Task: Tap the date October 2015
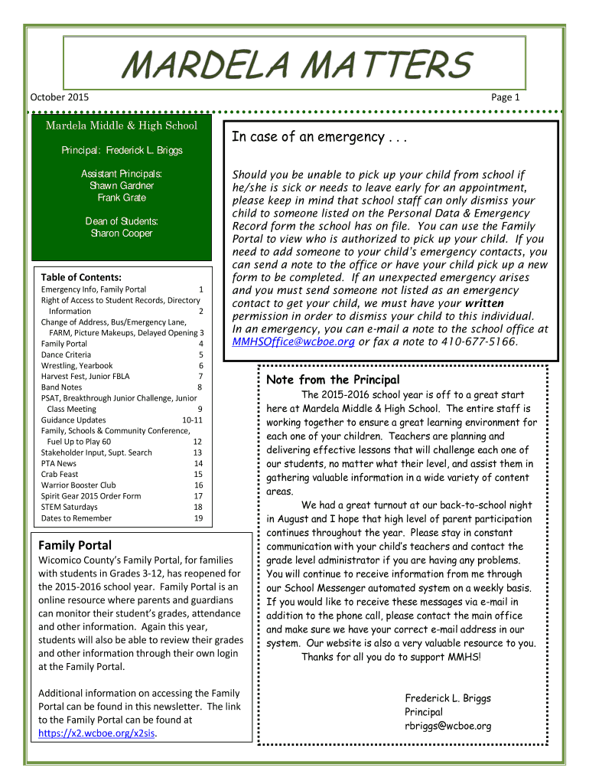pos(59,97)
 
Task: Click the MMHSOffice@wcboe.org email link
pos(293,341)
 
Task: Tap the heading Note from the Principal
pos(333,380)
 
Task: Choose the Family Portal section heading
pos(75,545)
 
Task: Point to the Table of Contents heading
pos(82,277)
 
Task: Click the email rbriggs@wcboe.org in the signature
pos(447,726)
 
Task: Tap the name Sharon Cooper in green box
pos(122,234)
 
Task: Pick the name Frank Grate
pos(122,198)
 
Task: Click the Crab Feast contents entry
pos(60,474)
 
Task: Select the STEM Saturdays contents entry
pos(69,507)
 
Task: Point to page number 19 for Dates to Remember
pos(198,518)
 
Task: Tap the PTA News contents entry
pos(59,463)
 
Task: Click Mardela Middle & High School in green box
pos(122,126)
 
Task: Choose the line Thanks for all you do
pos(391,657)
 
